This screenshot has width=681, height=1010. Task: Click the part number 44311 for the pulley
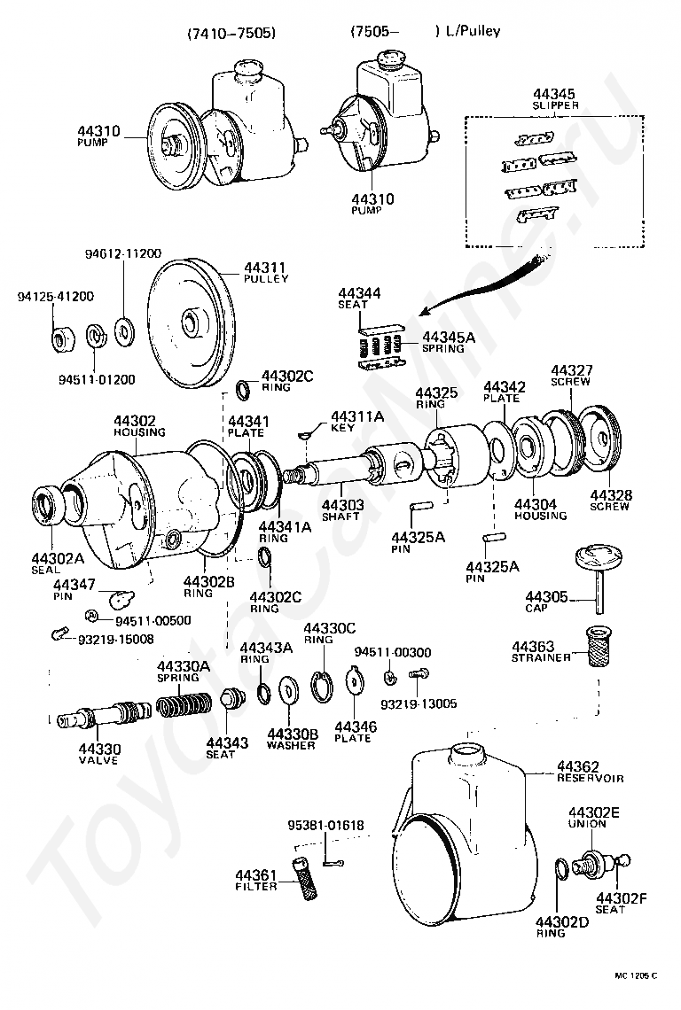[x=264, y=268]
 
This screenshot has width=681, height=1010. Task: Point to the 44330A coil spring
[x=184, y=704]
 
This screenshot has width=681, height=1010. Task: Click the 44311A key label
[x=357, y=423]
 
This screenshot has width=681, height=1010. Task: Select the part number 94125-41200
[x=56, y=296]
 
